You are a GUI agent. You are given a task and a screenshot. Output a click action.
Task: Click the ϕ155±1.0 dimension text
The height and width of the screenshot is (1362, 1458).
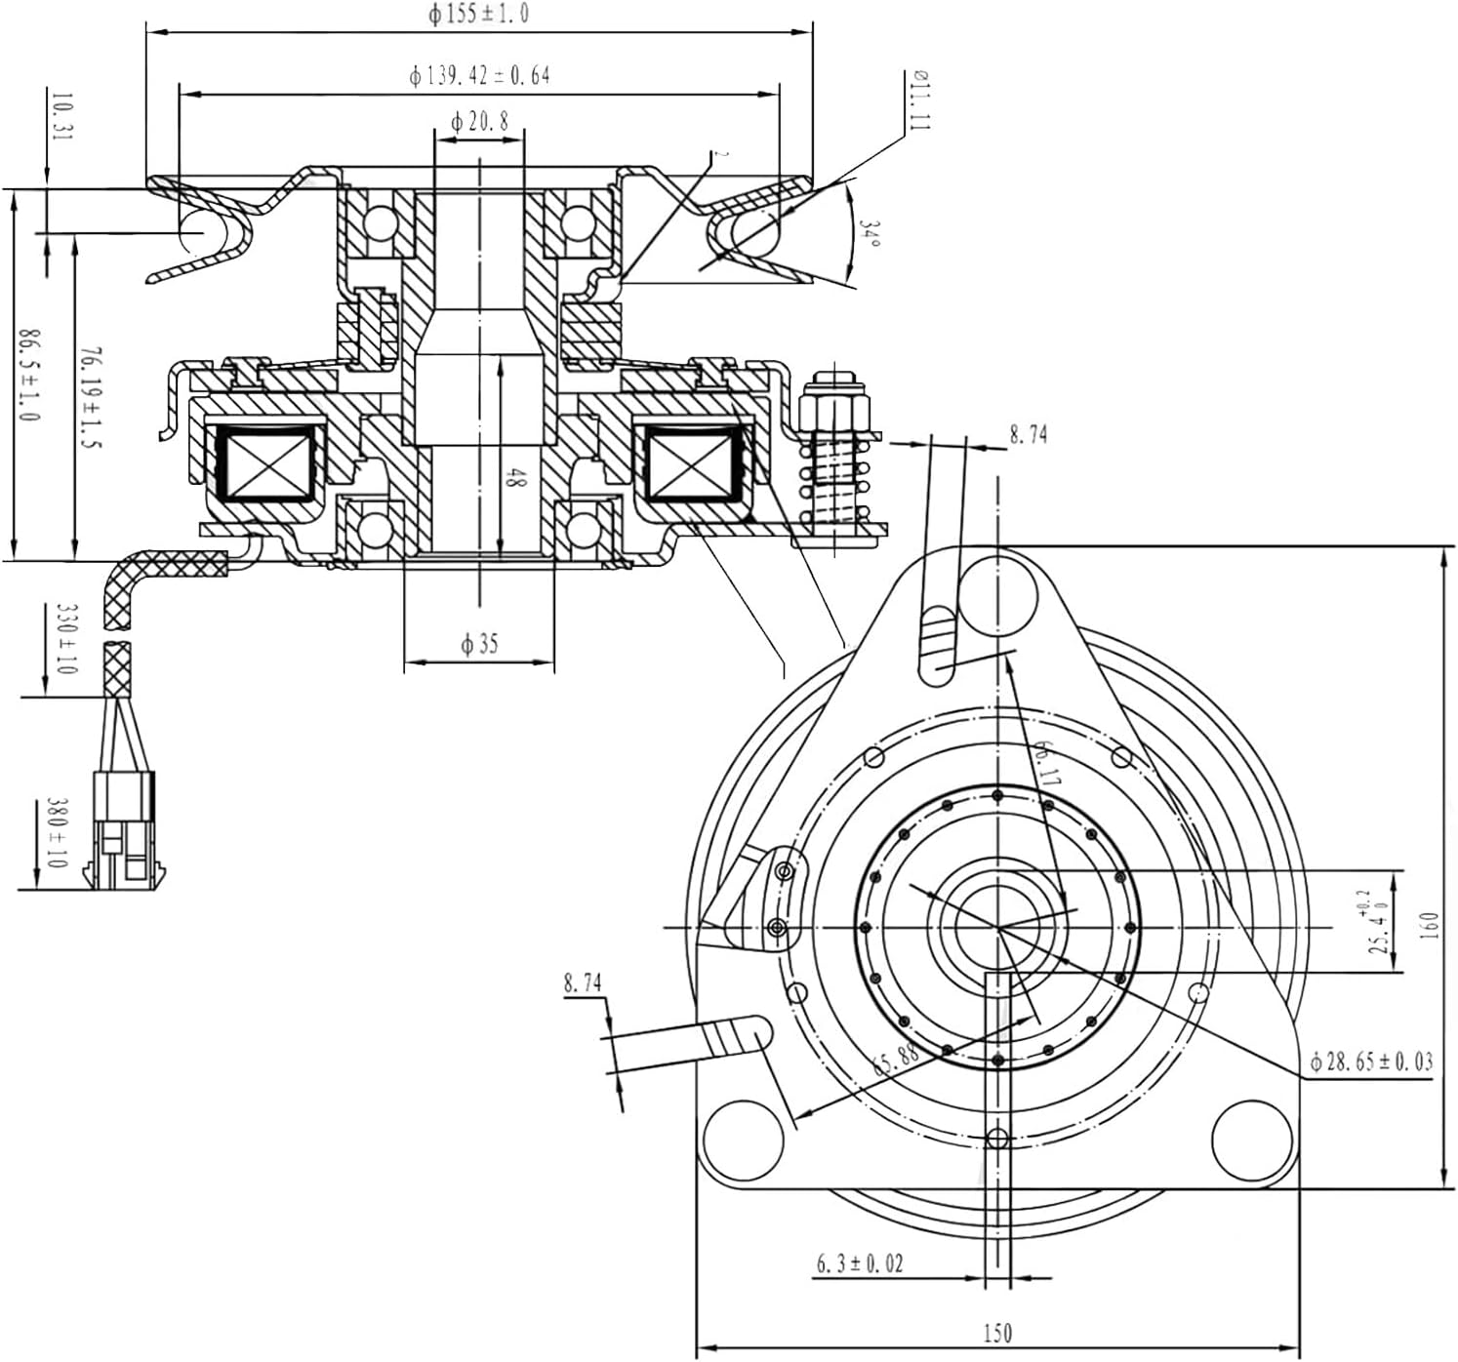point(478,15)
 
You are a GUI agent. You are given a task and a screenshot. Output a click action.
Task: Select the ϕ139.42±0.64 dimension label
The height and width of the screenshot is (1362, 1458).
point(479,75)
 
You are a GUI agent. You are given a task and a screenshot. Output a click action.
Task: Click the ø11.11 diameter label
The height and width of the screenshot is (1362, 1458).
point(920,100)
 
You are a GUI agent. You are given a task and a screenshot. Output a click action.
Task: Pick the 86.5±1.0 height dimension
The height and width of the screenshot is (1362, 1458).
point(29,376)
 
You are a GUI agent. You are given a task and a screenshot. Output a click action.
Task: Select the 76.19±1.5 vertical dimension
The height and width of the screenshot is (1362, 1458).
point(91,396)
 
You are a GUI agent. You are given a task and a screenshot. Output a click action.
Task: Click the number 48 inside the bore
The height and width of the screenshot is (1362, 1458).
point(516,478)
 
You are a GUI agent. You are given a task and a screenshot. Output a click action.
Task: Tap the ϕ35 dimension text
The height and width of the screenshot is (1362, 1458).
point(478,644)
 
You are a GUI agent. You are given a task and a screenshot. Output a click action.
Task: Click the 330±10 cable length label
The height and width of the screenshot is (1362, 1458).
point(66,639)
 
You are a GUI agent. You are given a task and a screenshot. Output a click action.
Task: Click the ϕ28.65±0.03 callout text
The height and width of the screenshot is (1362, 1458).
point(1371,1062)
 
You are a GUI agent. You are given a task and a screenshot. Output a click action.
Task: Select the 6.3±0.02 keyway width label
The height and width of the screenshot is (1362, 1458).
point(860,1264)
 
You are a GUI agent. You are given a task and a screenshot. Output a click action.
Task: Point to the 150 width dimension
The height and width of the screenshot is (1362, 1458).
point(996,1333)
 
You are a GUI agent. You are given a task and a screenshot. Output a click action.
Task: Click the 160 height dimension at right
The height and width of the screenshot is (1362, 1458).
point(1430,926)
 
